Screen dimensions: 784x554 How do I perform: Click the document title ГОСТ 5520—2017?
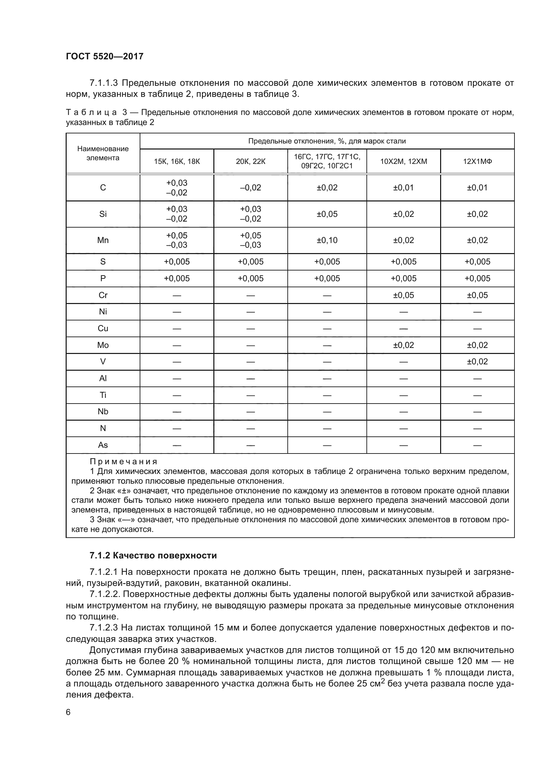coord(105,56)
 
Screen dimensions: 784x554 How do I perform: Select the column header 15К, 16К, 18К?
coord(177,162)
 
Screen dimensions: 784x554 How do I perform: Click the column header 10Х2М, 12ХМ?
coord(403,162)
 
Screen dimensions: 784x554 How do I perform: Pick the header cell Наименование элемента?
coord(103,153)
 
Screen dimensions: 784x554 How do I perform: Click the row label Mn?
coord(103,240)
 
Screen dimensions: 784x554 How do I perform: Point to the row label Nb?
coord(103,412)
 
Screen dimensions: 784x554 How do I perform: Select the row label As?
coord(103,445)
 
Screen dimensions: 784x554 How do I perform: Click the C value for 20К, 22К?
coord(251,188)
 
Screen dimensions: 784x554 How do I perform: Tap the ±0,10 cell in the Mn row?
coord(327,240)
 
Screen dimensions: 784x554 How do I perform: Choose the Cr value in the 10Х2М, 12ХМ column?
coord(403,295)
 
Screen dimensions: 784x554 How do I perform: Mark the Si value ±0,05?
coord(327,214)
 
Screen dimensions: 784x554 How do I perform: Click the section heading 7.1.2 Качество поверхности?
coord(153,555)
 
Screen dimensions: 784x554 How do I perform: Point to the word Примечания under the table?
coord(123,462)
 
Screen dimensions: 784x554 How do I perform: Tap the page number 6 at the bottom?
coord(68,712)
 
